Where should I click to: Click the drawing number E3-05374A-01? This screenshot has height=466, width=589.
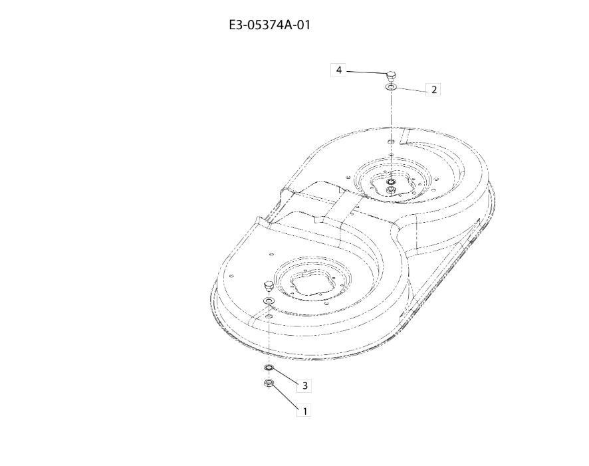point(270,25)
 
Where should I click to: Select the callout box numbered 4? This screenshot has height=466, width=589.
point(338,70)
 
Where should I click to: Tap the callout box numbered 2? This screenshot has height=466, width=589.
point(433,90)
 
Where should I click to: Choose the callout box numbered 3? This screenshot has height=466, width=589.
point(304,386)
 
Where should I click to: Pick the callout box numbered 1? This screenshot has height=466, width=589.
point(304,411)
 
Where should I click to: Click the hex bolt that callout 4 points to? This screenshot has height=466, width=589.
point(390,77)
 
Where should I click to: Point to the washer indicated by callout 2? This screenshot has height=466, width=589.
point(391,88)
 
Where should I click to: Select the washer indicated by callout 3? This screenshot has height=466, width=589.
point(269,368)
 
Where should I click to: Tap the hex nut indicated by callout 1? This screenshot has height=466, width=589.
point(269,383)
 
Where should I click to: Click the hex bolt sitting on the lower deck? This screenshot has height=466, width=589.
point(269,286)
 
